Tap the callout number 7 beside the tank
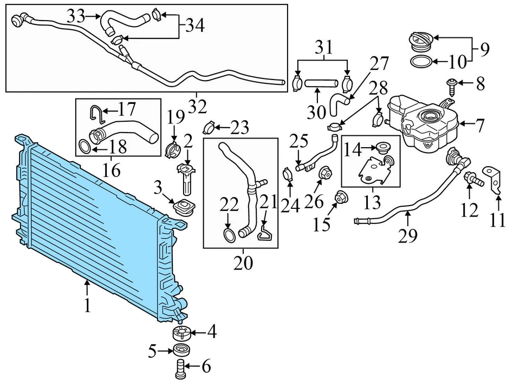tap(480, 126)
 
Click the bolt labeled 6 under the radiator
tap(180, 368)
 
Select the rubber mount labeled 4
tap(180, 333)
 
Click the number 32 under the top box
tap(198, 107)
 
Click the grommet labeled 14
tap(385, 147)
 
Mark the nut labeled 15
tap(341, 199)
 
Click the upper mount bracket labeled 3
tap(183, 208)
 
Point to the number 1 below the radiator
tap(87, 306)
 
